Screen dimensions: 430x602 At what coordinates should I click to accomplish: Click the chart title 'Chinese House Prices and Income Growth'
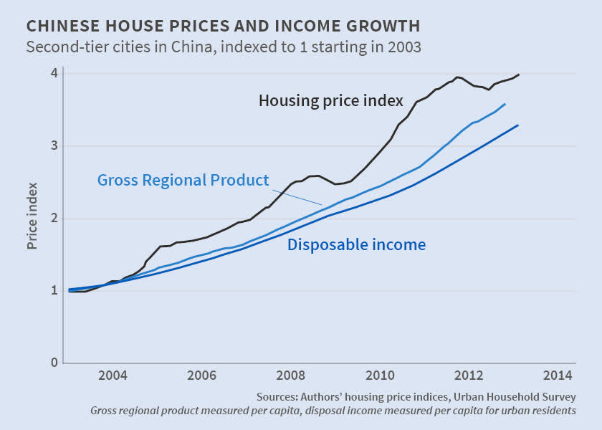pyautogui.click(x=222, y=27)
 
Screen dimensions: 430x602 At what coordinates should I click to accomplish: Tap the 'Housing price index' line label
pyautogui.click(x=331, y=100)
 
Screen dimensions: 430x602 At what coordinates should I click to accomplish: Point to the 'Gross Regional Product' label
pyautogui.click(x=183, y=180)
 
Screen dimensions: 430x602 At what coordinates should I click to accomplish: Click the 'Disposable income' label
pyautogui.click(x=356, y=245)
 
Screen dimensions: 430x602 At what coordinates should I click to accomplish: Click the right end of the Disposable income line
pyautogui.click(x=517, y=125)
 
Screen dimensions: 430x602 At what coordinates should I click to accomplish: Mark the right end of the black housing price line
pyautogui.click(x=519, y=75)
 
